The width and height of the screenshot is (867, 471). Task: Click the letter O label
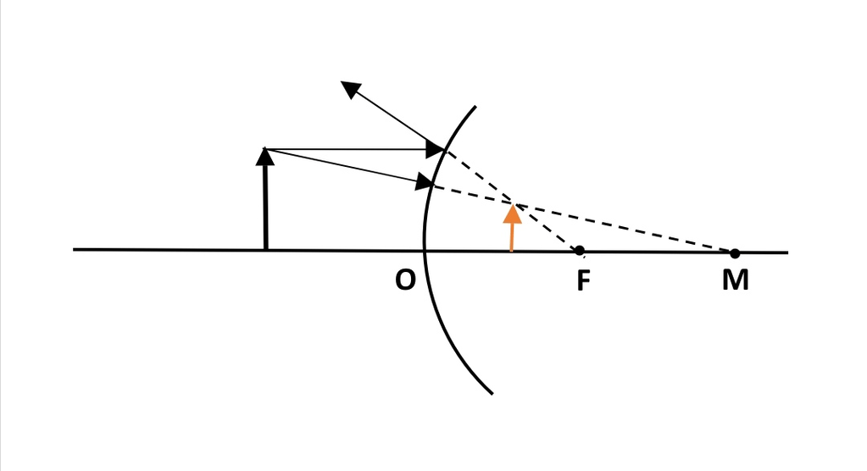pos(405,280)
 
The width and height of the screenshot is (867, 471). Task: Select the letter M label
pos(736,280)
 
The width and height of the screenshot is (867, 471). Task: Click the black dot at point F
pos(580,251)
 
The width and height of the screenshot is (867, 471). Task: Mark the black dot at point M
pos(734,253)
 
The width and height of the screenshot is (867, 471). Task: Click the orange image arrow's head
pos(513,213)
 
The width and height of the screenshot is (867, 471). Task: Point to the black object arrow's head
pos(265,157)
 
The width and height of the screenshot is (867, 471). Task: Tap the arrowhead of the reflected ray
pos(351,90)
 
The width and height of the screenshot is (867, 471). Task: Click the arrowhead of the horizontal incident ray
pos(435,149)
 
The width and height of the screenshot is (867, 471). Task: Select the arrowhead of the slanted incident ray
pos(425,182)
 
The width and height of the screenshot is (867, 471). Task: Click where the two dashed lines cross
pos(513,203)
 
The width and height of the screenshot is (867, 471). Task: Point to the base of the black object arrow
pos(266,249)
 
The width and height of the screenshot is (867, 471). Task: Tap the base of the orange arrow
pos(511,251)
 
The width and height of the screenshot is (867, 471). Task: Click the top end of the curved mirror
pos(475,106)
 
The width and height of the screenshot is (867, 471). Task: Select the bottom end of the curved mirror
pos(492,394)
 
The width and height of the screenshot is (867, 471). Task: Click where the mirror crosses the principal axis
pos(425,251)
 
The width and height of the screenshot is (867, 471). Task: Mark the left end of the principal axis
pos(74,249)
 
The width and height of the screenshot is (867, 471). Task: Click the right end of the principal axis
pos(787,252)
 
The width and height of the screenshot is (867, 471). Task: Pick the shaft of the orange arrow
pos(512,236)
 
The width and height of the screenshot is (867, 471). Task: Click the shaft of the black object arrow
pos(266,208)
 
